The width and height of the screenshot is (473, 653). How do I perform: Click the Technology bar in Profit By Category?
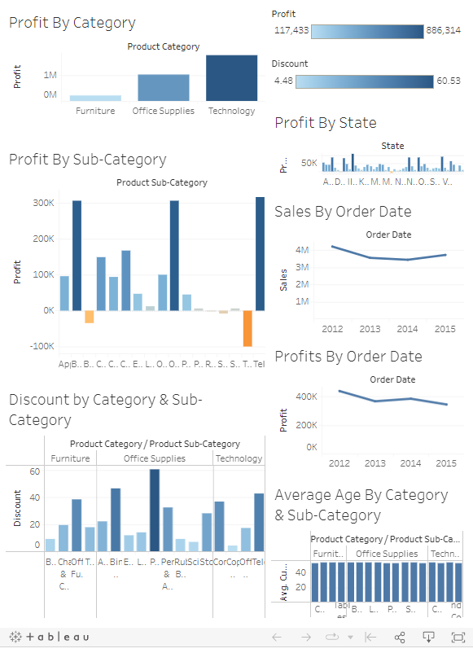[x=232, y=78]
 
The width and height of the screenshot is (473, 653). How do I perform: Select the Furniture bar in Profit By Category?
[x=95, y=98]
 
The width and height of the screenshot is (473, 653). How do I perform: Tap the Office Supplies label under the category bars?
[x=164, y=111]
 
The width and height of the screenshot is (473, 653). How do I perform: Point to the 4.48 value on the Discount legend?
[x=283, y=81]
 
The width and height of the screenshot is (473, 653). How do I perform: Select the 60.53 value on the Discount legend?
[x=449, y=81]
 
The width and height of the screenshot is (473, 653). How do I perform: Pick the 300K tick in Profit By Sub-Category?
[x=43, y=203]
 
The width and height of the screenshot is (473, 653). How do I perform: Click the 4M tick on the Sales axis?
[x=302, y=250]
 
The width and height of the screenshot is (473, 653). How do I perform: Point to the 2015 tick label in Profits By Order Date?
[x=446, y=463]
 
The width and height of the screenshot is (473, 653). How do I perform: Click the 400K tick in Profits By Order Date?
[x=306, y=397]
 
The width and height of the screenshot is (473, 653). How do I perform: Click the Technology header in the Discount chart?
[x=239, y=458]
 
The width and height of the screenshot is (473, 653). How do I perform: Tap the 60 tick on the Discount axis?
[x=35, y=471]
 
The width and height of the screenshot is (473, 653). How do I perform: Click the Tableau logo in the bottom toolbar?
[x=49, y=637]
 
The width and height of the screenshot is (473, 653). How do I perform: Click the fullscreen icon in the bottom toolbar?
[x=457, y=637]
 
